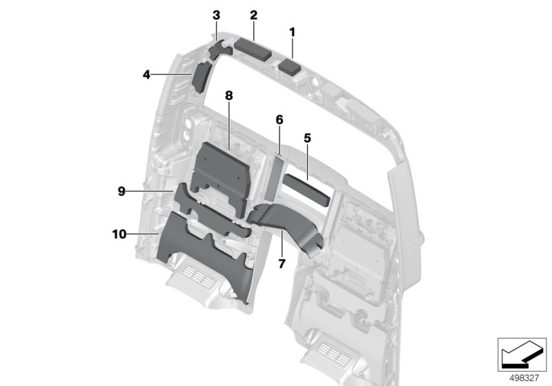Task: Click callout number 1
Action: click(292, 32)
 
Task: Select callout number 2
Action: click(253, 15)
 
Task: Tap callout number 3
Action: click(216, 15)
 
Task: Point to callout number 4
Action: click(146, 74)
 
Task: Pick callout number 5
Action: click(307, 138)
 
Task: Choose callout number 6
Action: click(279, 120)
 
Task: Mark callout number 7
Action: click(282, 263)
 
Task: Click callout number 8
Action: click(229, 95)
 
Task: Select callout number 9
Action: click(121, 191)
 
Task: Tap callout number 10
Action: click(119, 234)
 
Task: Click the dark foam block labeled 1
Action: click(289, 67)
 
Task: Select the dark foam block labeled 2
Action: click(253, 50)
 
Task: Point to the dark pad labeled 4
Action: click(200, 77)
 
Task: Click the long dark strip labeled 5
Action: click(306, 190)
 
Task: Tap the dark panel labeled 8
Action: click(221, 176)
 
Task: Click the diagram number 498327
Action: click(524, 378)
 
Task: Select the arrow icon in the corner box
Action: click(522, 354)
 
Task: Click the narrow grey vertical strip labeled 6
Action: click(275, 178)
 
